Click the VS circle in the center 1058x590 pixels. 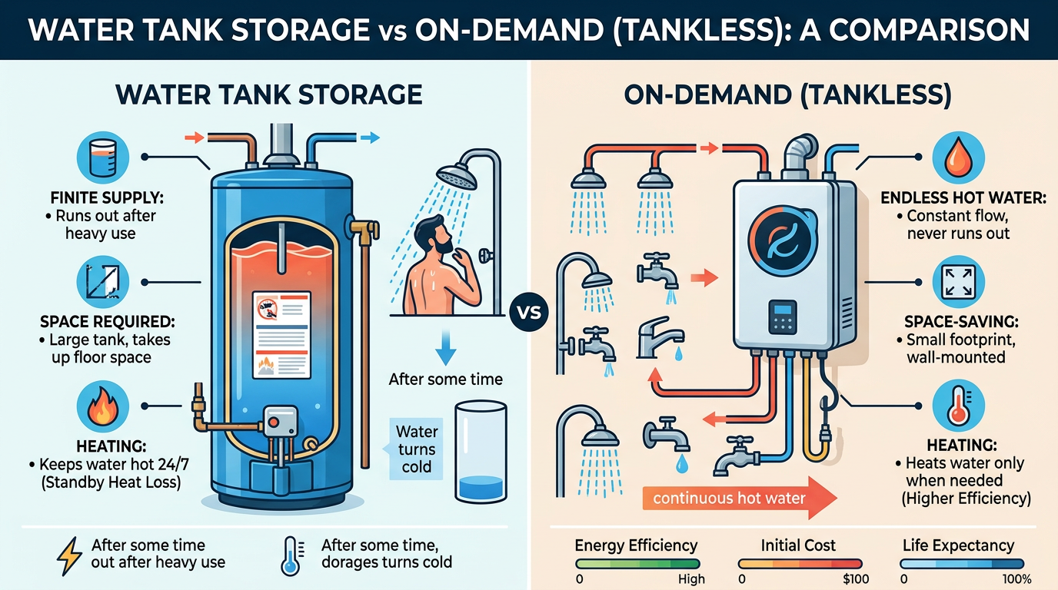tap(527, 313)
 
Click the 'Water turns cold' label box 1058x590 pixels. tap(416, 448)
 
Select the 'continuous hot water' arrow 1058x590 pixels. tap(739, 499)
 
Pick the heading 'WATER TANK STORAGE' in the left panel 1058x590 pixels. tap(268, 94)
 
